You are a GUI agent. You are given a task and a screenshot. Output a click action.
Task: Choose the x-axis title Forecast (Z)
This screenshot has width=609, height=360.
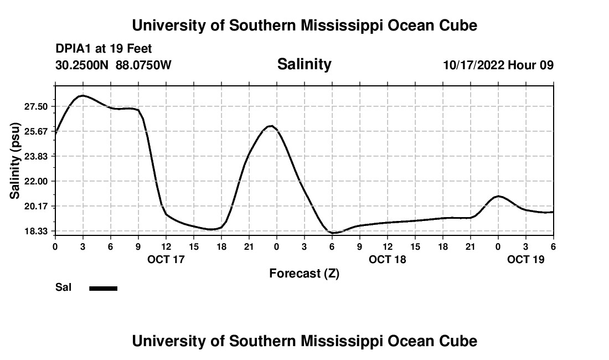tap(304, 274)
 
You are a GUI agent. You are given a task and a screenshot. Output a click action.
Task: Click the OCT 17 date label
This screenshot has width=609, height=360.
tap(166, 259)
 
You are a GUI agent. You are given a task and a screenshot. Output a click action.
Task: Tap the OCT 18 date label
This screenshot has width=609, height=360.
tap(388, 259)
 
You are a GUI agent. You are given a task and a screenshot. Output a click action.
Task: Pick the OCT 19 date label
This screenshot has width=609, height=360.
tap(526, 259)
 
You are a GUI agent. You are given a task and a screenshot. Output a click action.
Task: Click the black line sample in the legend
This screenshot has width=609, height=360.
tap(104, 288)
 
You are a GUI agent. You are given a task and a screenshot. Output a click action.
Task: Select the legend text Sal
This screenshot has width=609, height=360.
tap(64, 287)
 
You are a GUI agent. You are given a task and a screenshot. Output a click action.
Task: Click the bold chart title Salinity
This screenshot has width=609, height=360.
tap(304, 64)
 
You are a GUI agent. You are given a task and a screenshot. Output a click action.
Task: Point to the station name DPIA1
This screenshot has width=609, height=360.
tap(74, 49)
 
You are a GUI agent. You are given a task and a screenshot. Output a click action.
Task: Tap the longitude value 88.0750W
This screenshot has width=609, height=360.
tap(143, 65)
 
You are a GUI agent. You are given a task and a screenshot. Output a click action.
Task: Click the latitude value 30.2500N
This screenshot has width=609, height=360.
tap(83, 65)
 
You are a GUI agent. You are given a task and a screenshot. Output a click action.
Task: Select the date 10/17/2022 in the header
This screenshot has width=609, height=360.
tap(473, 65)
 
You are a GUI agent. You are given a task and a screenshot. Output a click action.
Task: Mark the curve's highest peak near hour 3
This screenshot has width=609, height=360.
tap(82, 96)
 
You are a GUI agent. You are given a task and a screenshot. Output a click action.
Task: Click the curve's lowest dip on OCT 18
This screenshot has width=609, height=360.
tap(334, 233)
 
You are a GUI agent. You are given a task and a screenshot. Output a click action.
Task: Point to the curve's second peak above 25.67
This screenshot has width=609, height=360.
tap(270, 126)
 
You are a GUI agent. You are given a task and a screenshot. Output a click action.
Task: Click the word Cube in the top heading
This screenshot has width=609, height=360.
tap(458, 25)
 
